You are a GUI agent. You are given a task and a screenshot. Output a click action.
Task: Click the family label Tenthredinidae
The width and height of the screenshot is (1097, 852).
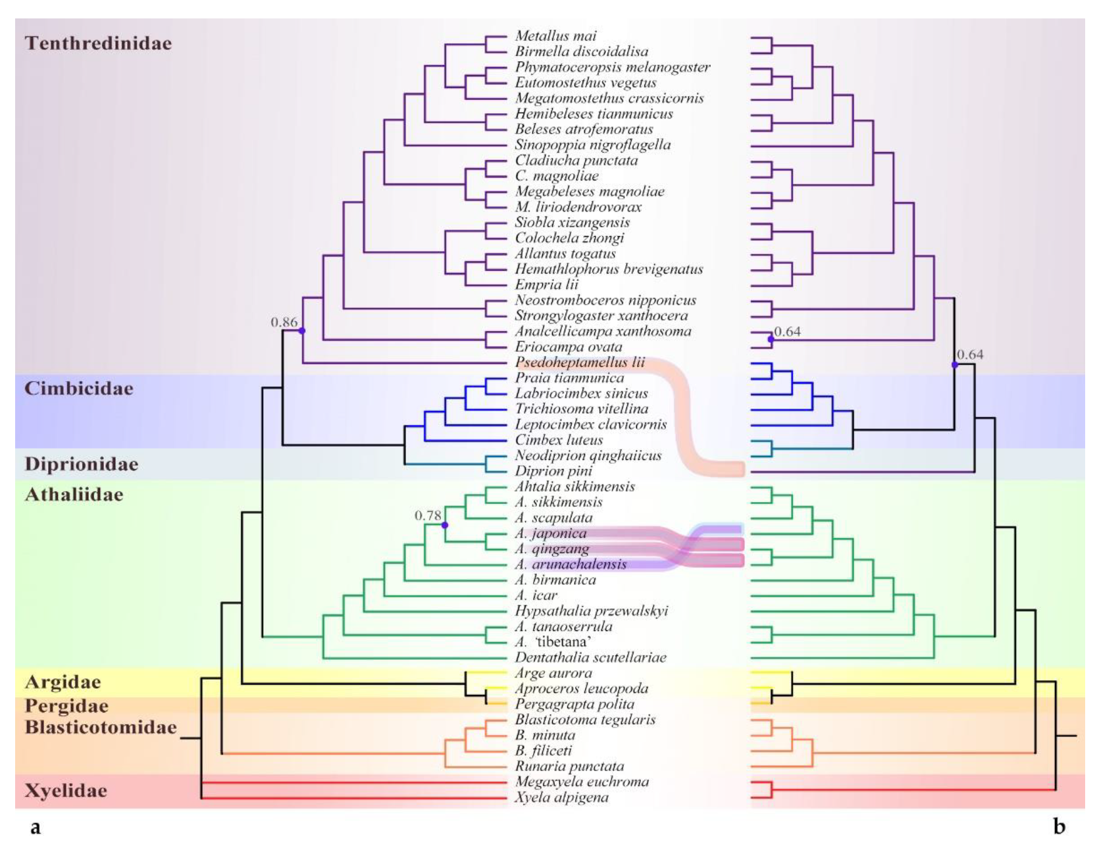[98, 43]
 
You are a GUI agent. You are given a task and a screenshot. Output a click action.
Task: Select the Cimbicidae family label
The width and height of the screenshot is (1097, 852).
[79, 388]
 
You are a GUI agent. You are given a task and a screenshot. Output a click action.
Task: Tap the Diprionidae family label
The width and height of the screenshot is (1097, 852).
[82, 464]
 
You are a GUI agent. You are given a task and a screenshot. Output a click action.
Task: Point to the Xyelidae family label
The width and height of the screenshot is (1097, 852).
[66, 790]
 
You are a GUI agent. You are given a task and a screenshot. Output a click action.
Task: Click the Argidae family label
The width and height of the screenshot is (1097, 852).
[63, 682]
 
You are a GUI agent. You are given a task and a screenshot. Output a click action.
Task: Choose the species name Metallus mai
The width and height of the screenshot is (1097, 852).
[555, 36]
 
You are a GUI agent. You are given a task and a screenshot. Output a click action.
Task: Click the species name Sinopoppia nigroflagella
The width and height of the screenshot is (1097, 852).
[592, 145]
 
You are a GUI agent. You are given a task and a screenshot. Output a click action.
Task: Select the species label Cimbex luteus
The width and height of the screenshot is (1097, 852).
[559, 439]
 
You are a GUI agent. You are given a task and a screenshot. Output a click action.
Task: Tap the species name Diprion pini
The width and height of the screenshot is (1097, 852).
[553, 471]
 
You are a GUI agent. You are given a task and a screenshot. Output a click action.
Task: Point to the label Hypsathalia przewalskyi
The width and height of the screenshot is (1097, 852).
[591, 611]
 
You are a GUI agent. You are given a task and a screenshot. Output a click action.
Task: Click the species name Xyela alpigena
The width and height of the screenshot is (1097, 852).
[561, 797]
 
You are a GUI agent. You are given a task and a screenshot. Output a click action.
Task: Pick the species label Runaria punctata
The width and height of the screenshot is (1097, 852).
[569, 766]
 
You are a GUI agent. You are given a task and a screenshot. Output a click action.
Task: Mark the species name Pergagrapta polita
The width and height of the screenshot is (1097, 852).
[574, 704]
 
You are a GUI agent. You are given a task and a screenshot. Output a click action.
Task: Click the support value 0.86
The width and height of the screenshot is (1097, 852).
[284, 322]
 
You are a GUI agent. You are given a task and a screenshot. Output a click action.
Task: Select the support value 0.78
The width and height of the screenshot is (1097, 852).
[428, 515]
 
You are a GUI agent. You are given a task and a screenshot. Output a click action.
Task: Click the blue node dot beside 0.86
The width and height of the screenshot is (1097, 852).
[302, 331]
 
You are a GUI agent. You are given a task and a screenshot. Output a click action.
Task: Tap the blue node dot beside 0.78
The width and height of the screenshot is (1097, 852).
[445, 525]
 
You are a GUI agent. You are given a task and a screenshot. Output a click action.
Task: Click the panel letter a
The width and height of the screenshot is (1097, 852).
[35, 827]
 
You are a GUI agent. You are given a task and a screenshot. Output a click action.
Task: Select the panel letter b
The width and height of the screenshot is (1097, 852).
[1059, 826]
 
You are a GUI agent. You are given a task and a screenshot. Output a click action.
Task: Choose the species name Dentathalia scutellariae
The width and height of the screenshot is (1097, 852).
[590, 657]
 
